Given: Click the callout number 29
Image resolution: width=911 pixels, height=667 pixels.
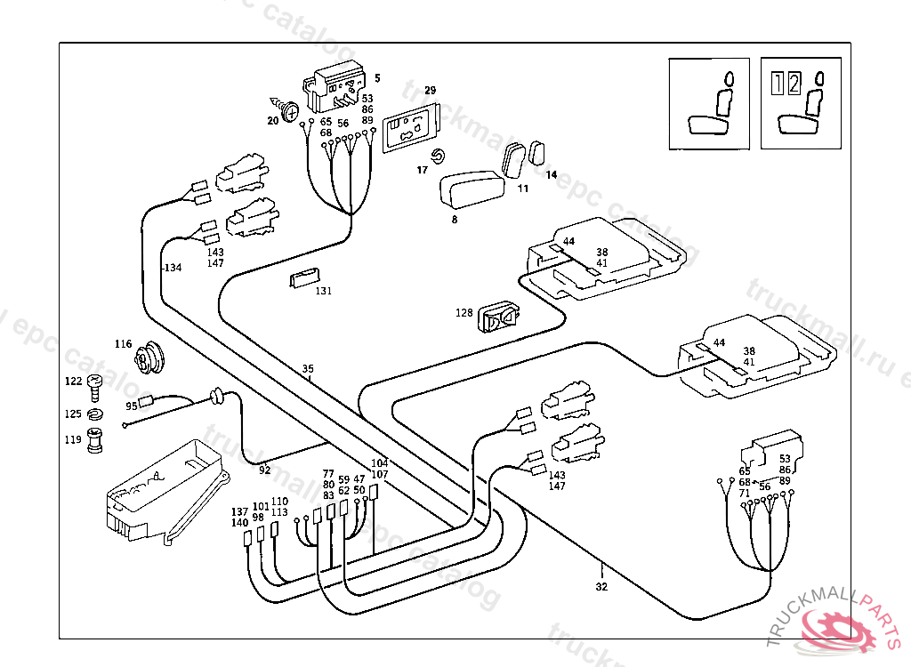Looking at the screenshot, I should click(x=430, y=91).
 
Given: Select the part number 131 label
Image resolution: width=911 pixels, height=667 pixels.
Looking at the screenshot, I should click(x=324, y=291).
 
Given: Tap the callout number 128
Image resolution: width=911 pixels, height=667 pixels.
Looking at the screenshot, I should click(x=464, y=313).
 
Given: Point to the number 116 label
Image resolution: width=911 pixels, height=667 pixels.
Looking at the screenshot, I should click(x=123, y=344).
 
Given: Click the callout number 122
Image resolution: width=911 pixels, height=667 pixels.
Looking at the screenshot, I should click(x=73, y=382).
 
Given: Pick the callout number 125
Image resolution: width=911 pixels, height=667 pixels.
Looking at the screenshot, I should click(x=73, y=414).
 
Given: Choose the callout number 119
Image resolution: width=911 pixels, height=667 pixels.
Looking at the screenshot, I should click(x=73, y=439).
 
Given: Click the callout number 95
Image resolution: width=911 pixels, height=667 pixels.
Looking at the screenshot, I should click(x=132, y=406).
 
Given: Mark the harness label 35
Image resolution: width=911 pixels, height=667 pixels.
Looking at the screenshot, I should click(x=308, y=368).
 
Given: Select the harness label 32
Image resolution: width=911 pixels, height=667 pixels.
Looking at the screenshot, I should click(x=601, y=586).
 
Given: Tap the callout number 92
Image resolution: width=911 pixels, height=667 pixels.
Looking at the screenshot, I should click(x=264, y=470).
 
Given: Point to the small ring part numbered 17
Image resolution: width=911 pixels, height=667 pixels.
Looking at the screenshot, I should click(x=438, y=157).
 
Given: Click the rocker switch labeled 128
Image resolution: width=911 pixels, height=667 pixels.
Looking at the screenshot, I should click(x=500, y=317).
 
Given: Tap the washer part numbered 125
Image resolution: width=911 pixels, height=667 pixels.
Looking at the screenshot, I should click(x=96, y=414).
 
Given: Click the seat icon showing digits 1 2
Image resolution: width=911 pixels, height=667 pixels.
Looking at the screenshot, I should click(x=800, y=102).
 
